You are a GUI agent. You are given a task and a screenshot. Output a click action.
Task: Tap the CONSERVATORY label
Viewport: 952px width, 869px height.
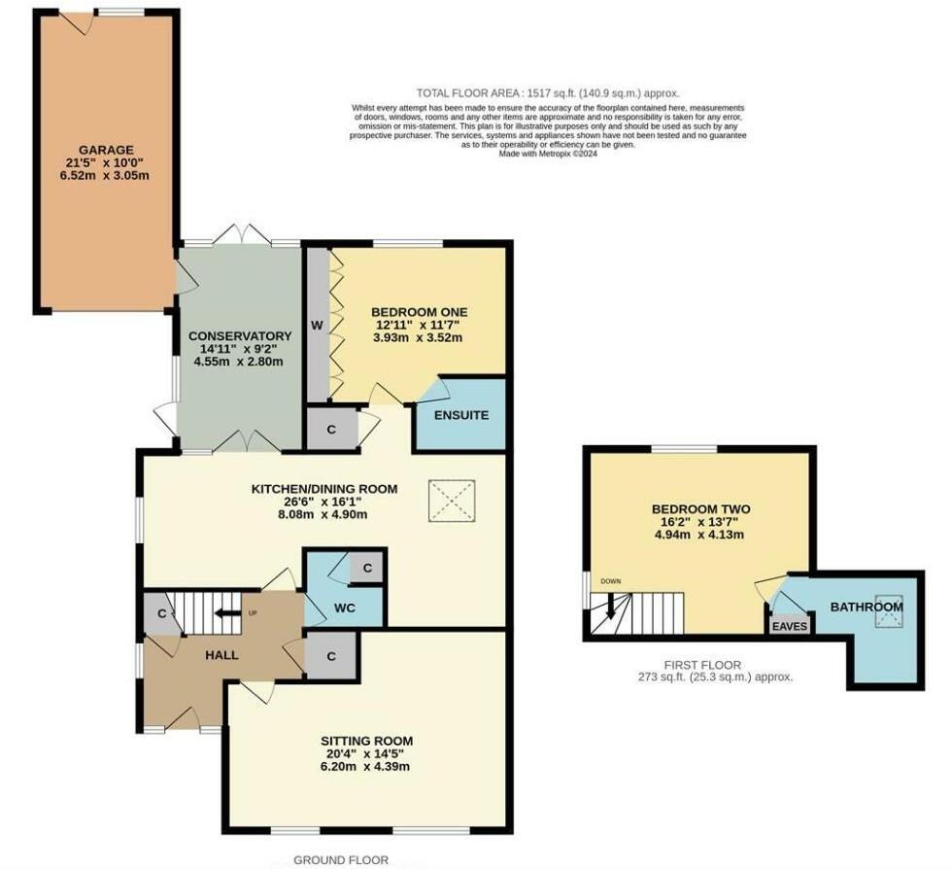click(240, 335)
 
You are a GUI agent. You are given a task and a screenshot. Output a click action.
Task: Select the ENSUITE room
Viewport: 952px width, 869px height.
click(460, 415)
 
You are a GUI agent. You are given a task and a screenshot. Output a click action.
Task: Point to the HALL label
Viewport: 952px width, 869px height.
click(221, 655)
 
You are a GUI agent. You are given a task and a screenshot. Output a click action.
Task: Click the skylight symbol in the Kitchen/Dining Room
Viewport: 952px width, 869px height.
click(451, 501)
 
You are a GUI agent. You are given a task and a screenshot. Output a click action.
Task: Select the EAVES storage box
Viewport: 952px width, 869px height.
click(790, 626)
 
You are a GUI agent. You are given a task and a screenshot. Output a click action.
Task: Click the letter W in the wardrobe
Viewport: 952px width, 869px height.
click(318, 324)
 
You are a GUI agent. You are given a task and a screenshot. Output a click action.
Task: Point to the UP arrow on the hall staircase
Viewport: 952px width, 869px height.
click(228, 613)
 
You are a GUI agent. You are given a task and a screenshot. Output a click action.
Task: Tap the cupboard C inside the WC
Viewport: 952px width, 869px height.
click(366, 569)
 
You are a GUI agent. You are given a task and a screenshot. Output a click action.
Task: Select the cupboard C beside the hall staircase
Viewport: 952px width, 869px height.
click(162, 615)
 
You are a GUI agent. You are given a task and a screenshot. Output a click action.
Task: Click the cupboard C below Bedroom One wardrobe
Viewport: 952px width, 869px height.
click(329, 429)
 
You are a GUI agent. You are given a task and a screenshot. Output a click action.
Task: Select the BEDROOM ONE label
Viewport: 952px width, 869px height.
click(420, 312)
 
